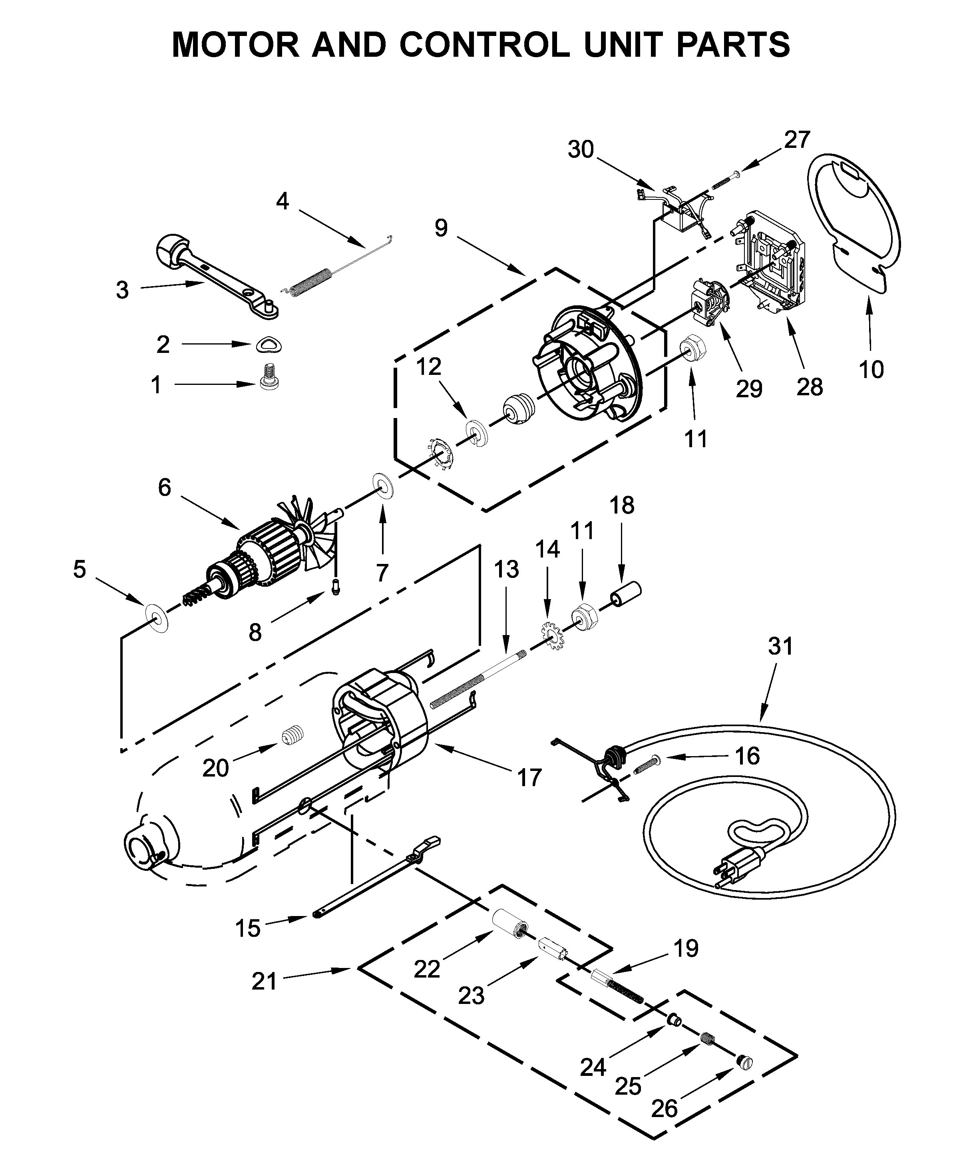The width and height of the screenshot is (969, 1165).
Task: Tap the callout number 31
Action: pos(780,646)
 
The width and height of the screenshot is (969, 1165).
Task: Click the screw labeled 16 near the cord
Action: pos(643,765)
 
